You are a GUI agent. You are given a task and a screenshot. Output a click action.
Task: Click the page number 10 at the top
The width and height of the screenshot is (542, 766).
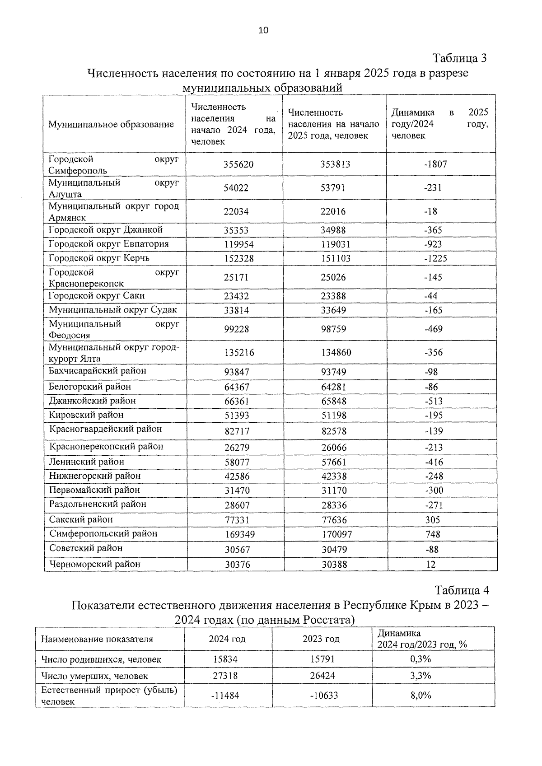(263, 30)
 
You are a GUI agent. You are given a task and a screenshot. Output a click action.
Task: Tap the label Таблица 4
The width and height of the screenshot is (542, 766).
(462, 590)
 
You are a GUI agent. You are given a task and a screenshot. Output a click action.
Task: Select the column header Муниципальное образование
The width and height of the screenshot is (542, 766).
(111, 124)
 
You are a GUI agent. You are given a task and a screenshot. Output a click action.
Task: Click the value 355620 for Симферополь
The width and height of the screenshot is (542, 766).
(238, 164)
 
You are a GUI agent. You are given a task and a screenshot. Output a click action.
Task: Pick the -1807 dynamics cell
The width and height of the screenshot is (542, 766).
(435, 164)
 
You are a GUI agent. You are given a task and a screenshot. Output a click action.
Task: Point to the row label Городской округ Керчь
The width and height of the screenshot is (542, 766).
(99, 258)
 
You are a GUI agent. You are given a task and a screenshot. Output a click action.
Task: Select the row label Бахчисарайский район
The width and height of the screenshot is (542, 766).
(98, 371)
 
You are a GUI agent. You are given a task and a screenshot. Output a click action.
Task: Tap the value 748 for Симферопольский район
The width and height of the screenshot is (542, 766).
(433, 534)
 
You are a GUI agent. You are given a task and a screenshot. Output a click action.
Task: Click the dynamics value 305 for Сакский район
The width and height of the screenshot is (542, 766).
(432, 520)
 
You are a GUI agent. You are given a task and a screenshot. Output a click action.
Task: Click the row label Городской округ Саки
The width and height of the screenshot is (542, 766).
(97, 296)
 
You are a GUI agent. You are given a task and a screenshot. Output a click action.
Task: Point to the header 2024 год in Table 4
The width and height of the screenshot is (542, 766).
(227, 639)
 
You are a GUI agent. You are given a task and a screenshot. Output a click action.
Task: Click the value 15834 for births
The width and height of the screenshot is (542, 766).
(225, 659)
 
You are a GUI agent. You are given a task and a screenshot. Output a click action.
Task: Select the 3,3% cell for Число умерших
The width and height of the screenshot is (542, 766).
(421, 676)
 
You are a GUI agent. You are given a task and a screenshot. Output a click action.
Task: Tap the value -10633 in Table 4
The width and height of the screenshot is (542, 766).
(324, 696)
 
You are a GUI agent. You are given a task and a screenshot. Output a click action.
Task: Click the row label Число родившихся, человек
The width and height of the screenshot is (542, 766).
(101, 659)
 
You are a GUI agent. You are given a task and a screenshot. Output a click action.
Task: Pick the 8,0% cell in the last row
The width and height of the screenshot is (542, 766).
(421, 696)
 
